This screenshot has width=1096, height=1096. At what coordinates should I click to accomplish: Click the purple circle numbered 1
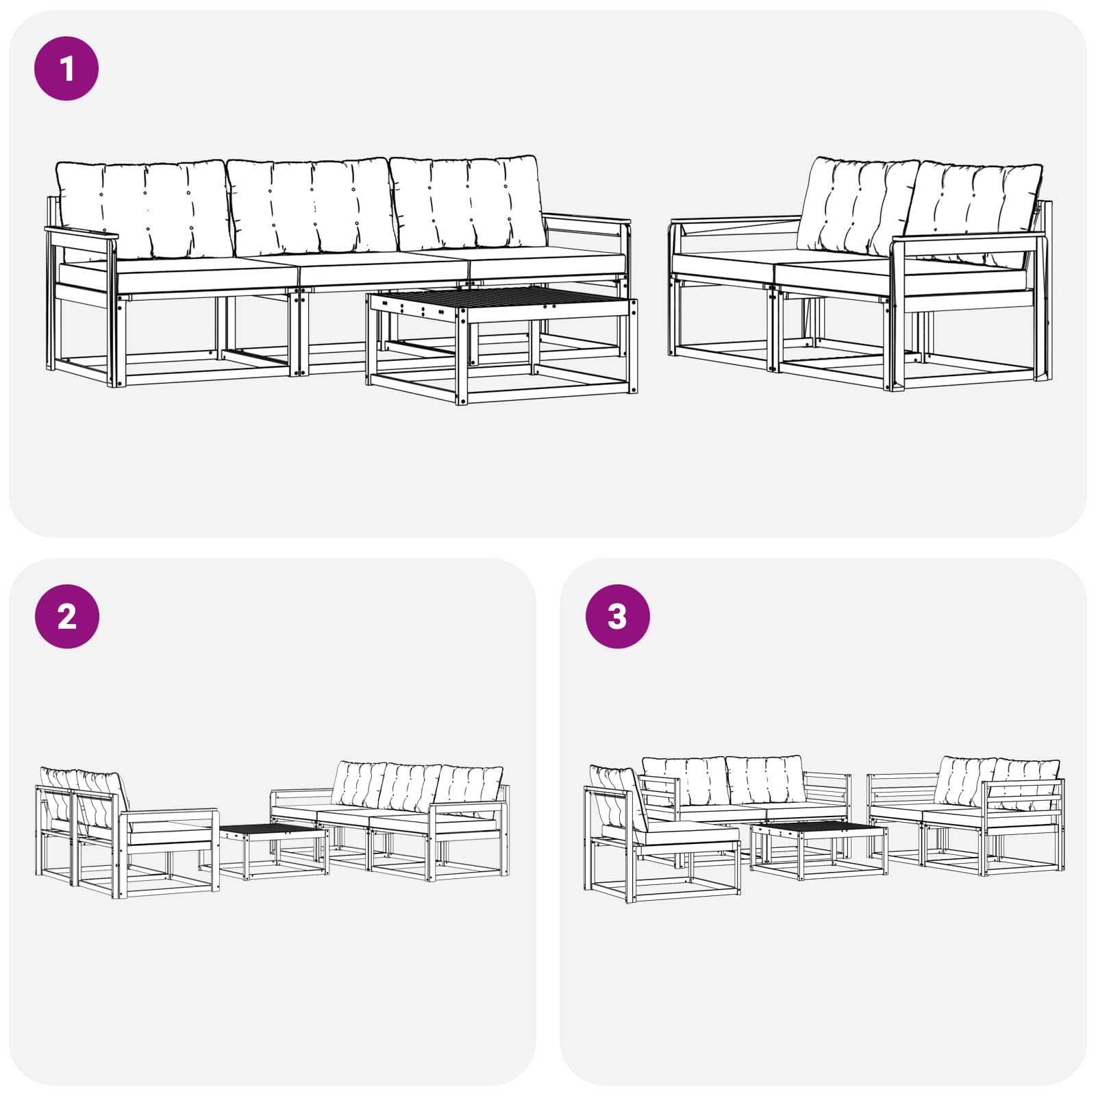point(66,68)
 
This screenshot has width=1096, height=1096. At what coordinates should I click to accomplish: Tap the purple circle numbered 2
point(66,616)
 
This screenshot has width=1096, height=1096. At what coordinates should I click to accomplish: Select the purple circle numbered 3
point(617,616)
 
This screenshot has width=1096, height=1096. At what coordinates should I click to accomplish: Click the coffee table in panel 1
point(501,346)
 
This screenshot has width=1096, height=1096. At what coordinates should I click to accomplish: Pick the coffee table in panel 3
point(819,849)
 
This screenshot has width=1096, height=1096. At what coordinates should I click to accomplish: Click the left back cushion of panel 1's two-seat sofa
point(856,206)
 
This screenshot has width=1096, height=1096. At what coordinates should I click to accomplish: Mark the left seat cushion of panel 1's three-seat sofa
point(178,274)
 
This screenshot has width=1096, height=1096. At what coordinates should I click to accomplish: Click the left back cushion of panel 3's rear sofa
point(686,781)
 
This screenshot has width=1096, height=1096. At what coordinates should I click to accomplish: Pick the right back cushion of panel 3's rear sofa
point(765,780)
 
